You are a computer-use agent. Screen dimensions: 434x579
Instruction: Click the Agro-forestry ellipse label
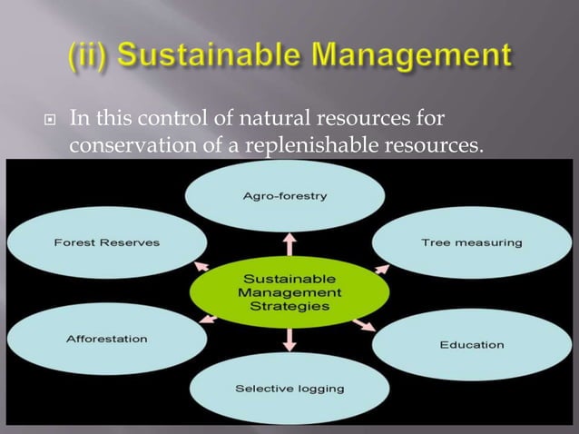284,196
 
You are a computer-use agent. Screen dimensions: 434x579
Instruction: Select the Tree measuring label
472,242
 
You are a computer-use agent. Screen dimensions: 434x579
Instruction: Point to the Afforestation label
107,340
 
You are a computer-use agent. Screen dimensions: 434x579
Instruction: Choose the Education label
472,345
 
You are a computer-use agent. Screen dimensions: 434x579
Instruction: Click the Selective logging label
290,389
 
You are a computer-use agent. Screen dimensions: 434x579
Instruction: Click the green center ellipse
289,292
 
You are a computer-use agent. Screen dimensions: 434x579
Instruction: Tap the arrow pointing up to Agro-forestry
289,244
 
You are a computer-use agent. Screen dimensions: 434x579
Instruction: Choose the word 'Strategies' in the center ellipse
289,307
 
